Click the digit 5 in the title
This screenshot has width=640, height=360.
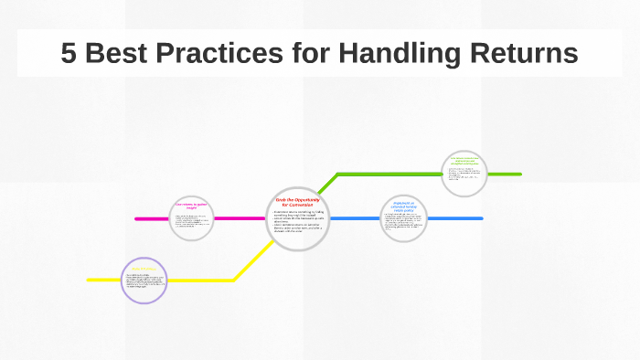coord(69,53)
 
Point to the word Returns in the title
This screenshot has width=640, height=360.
coord(528,53)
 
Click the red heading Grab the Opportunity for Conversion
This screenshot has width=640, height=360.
coord(297,202)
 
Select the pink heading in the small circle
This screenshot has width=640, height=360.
coord(192,206)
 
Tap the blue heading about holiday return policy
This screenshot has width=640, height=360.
coord(404,206)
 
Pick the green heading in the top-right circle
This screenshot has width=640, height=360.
coord(464,163)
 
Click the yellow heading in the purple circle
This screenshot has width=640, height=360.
coord(144,270)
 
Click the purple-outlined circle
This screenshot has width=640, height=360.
coord(144,280)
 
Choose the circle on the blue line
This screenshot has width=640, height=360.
coord(404,218)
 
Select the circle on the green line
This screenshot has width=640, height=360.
coord(464,174)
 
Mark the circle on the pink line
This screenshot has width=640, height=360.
coord(192,218)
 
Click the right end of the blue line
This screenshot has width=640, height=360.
coord(481,218)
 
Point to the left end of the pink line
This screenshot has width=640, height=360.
coord(137,218)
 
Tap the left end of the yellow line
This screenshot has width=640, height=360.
coord(90,280)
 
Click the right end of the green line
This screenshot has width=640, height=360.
coord(519,174)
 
